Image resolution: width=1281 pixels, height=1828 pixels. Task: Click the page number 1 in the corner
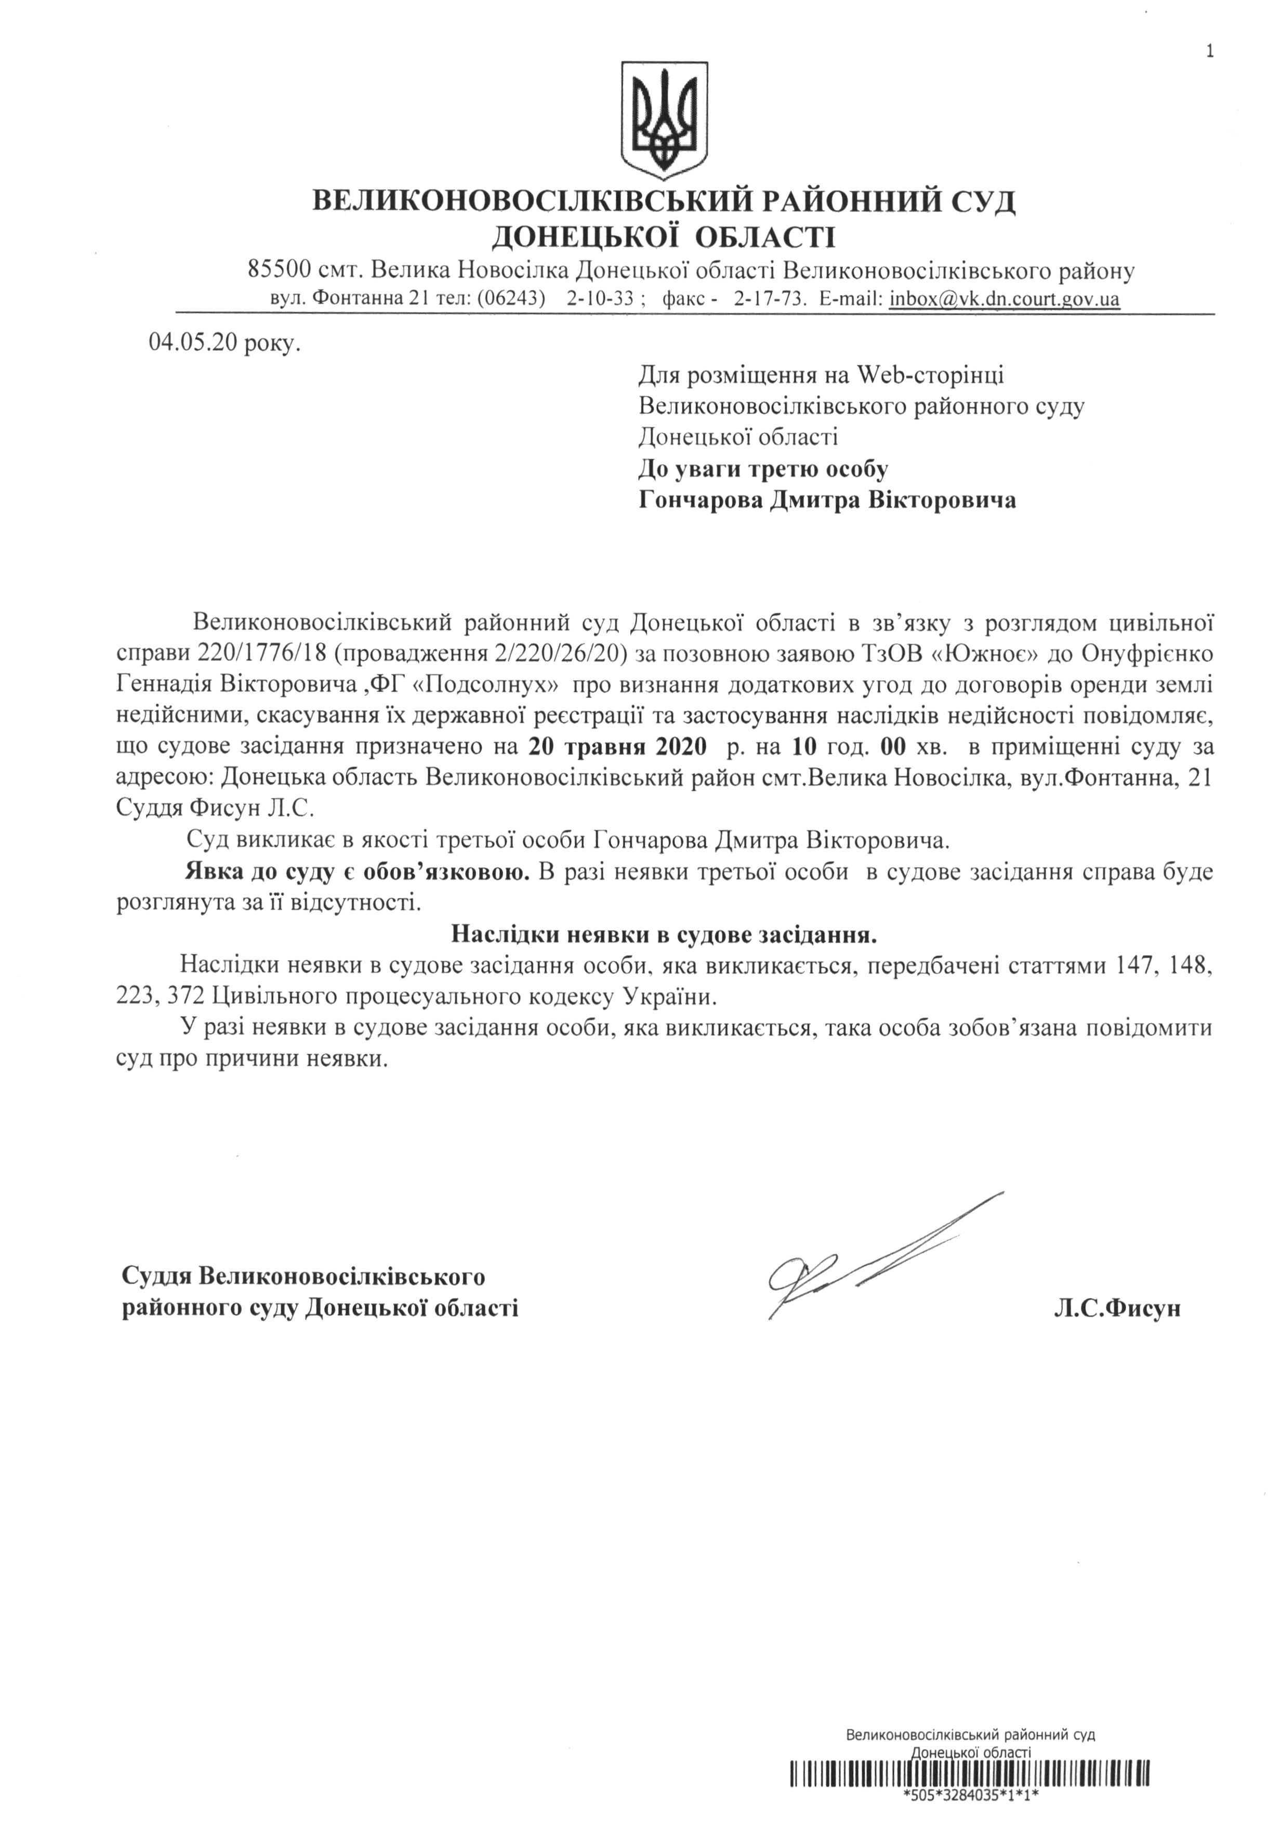[x=1210, y=30]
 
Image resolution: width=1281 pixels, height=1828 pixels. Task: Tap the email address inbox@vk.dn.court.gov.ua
[x=1005, y=299]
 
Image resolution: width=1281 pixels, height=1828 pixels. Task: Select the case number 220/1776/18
[x=255, y=654]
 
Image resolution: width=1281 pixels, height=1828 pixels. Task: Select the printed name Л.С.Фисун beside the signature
[x=1117, y=1308]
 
